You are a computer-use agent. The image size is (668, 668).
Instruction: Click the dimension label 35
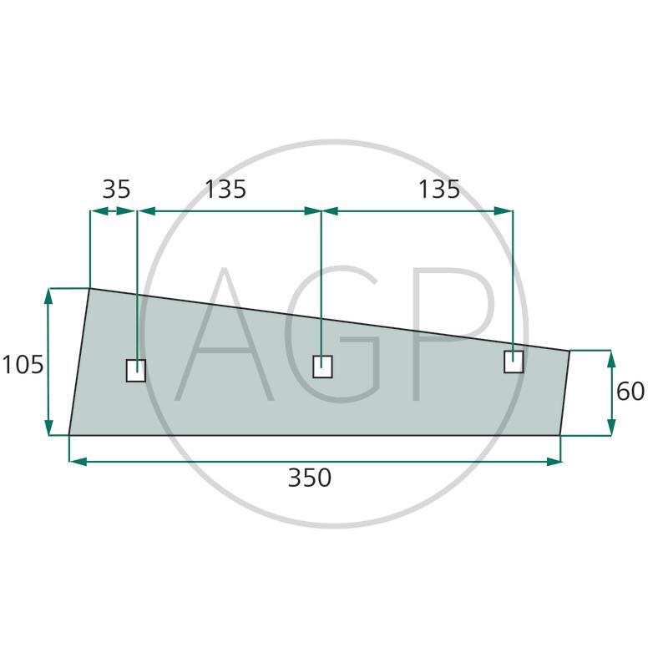(116, 190)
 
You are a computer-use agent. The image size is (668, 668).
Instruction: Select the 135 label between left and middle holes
(225, 190)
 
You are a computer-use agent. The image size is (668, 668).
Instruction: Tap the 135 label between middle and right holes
(439, 190)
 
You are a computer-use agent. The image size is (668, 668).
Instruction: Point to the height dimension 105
(23, 365)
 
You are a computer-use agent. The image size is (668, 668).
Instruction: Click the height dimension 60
(630, 391)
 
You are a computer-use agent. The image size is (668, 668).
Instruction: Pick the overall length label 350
(310, 478)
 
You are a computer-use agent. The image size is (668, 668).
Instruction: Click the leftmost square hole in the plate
(136, 370)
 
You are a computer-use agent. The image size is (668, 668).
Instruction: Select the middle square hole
(322, 366)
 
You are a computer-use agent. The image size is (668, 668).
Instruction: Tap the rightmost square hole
(514, 362)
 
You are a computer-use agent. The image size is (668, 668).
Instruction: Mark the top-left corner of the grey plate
(89, 288)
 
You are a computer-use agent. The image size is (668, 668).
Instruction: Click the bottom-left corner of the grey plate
(68, 435)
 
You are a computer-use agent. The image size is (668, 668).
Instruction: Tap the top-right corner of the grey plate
(569, 351)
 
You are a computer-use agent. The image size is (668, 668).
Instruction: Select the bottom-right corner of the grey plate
(560, 435)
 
